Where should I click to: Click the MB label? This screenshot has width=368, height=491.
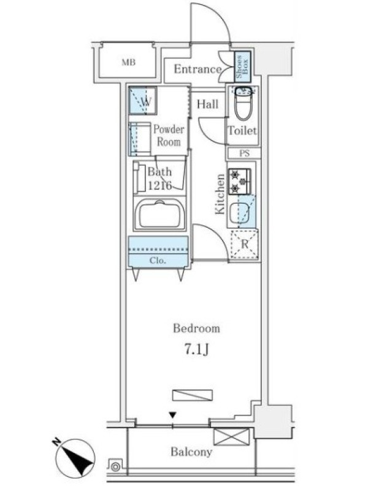coord(128,63)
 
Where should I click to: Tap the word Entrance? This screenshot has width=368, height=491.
coord(197,69)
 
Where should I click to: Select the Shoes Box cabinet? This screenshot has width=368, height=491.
coord(242,66)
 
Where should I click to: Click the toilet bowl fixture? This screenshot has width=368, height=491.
coord(244,102)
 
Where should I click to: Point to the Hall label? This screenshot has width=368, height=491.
coord(207,104)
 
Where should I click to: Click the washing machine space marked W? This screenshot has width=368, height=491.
coord(143,100)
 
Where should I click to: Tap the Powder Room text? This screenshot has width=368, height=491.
coord(169,136)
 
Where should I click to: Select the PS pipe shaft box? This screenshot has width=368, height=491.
coord(244,153)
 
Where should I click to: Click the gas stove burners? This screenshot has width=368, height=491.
coord(239,182)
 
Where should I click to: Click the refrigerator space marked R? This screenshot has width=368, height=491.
coord(244,244)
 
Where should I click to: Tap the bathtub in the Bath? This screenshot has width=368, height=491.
coord(159,215)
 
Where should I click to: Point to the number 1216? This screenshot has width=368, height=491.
coord(160,186)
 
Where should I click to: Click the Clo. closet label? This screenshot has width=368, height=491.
coord(158,260)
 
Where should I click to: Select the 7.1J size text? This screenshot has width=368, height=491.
coord(196,350)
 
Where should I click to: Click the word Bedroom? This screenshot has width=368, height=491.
coord(196,328)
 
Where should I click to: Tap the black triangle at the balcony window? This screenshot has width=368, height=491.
coord(172,416)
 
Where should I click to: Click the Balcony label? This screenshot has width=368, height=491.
coord(191,452)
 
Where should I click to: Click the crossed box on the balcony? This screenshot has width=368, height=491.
coord(232,437)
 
